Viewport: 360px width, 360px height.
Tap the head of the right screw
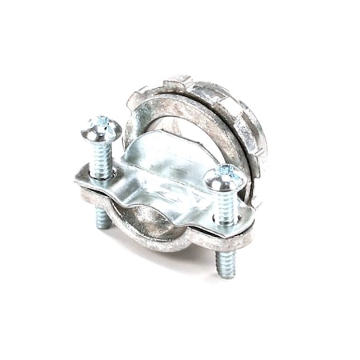tap(226, 177)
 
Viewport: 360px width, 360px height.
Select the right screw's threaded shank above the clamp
tap(226, 205)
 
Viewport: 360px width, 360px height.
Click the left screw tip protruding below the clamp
tap(103, 217)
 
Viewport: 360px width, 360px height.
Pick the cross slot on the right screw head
tap(226, 172)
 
